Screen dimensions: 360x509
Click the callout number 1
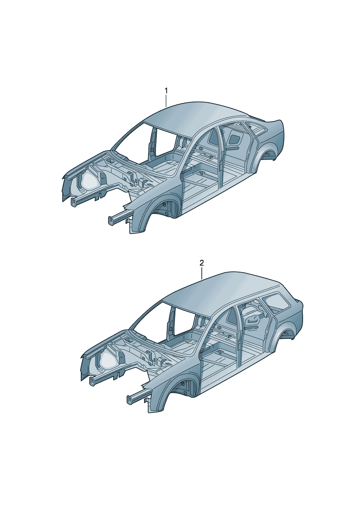pos(166,91)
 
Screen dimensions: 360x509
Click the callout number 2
pos(201,263)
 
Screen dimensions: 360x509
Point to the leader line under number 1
pos(166,101)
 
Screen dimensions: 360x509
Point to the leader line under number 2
pos(201,273)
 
